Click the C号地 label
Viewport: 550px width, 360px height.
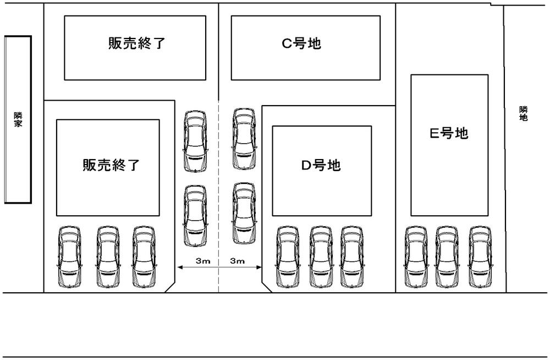point(302,43)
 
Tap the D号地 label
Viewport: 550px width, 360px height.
point(321,165)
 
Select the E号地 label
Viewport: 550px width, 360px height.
point(449,133)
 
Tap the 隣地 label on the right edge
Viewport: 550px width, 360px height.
point(523,114)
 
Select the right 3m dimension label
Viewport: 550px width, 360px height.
point(237,261)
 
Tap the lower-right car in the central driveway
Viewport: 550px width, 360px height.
point(244,214)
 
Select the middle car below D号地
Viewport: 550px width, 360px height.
point(320,257)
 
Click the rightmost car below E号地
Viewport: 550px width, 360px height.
point(480,257)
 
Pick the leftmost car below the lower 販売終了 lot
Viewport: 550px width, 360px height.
point(69,257)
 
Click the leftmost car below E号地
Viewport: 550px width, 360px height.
point(416,257)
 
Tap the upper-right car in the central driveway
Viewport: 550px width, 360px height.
point(244,138)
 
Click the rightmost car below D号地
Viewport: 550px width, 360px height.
point(352,257)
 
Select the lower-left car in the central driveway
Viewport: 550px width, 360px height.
point(195,215)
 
